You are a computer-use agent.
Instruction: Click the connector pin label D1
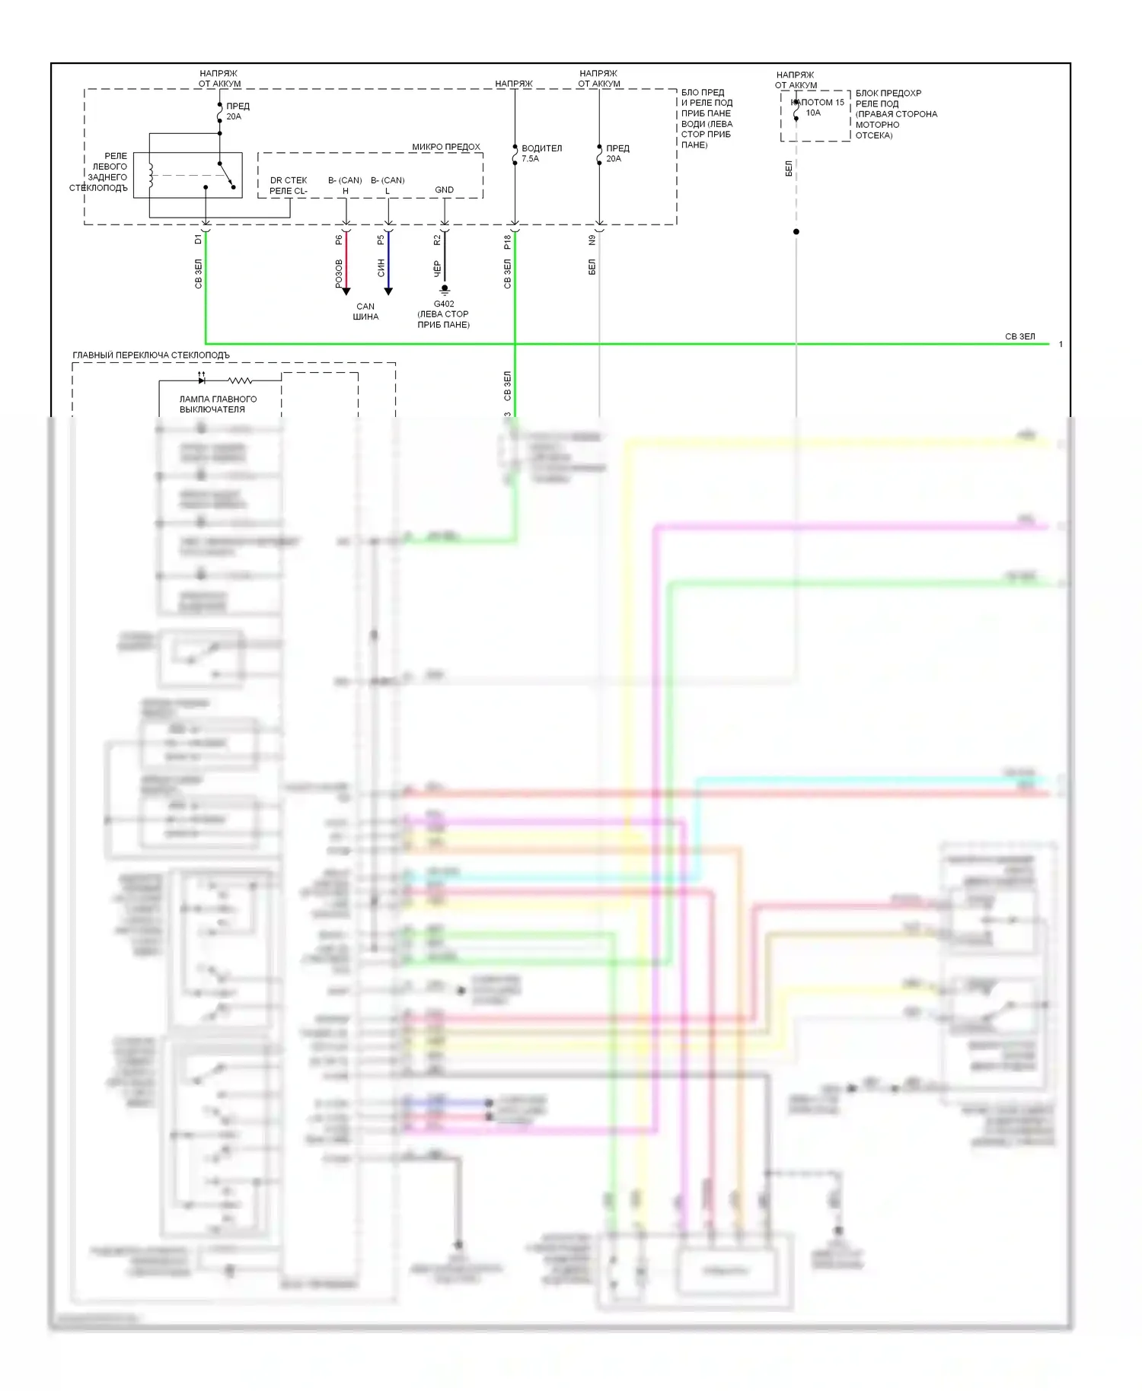point(199,239)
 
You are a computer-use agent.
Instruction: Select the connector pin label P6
point(340,240)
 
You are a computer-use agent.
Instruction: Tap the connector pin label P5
point(381,240)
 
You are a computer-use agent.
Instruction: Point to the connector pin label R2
point(438,240)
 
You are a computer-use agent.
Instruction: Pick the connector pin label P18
point(508,242)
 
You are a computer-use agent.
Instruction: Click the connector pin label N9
point(592,240)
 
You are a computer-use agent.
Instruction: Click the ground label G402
point(444,304)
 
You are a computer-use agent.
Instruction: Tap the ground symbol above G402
point(445,289)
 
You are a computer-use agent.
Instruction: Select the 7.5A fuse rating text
point(530,159)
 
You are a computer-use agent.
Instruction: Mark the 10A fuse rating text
point(813,113)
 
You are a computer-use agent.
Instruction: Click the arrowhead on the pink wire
point(346,291)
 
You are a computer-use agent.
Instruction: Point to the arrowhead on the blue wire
point(388,291)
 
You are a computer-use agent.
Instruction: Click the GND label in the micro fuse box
point(444,190)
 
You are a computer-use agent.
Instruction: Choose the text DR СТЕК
point(289,180)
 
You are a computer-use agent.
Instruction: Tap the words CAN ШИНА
point(365,311)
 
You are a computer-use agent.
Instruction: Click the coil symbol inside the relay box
point(151,175)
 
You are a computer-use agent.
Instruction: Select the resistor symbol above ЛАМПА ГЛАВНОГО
point(240,380)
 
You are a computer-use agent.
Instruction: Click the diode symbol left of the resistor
point(201,380)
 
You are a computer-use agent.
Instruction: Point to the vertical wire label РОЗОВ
point(340,273)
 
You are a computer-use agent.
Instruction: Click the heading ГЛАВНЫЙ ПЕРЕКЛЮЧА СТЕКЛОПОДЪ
point(151,355)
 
